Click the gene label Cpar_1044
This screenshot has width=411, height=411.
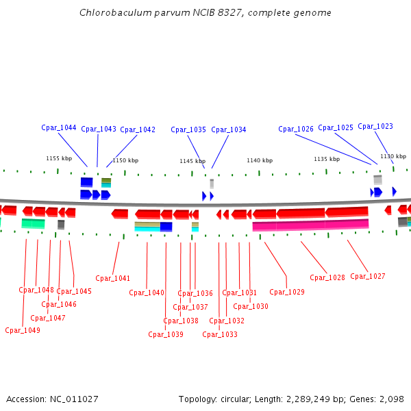[x=59, y=127]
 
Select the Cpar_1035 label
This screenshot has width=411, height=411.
[x=188, y=129]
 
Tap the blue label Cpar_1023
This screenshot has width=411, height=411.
[x=375, y=126]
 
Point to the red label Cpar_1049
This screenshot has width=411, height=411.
[x=23, y=330]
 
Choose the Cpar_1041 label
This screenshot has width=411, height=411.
[x=113, y=278]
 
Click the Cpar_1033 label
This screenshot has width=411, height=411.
[x=220, y=334]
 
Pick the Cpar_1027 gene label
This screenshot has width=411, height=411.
[x=368, y=276]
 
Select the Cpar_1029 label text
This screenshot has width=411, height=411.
[x=287, y=292]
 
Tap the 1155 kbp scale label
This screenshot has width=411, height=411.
[x=59, y=158]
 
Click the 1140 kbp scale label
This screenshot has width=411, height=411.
[x=260, y=160]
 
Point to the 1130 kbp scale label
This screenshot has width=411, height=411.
[x=393, y=156]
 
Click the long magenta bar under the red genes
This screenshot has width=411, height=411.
[x=310, y=225]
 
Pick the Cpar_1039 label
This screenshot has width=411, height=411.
[x=166, y=334]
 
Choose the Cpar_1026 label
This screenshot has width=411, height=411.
[x=296, y=129]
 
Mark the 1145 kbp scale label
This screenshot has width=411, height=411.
[x=192, y=161]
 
